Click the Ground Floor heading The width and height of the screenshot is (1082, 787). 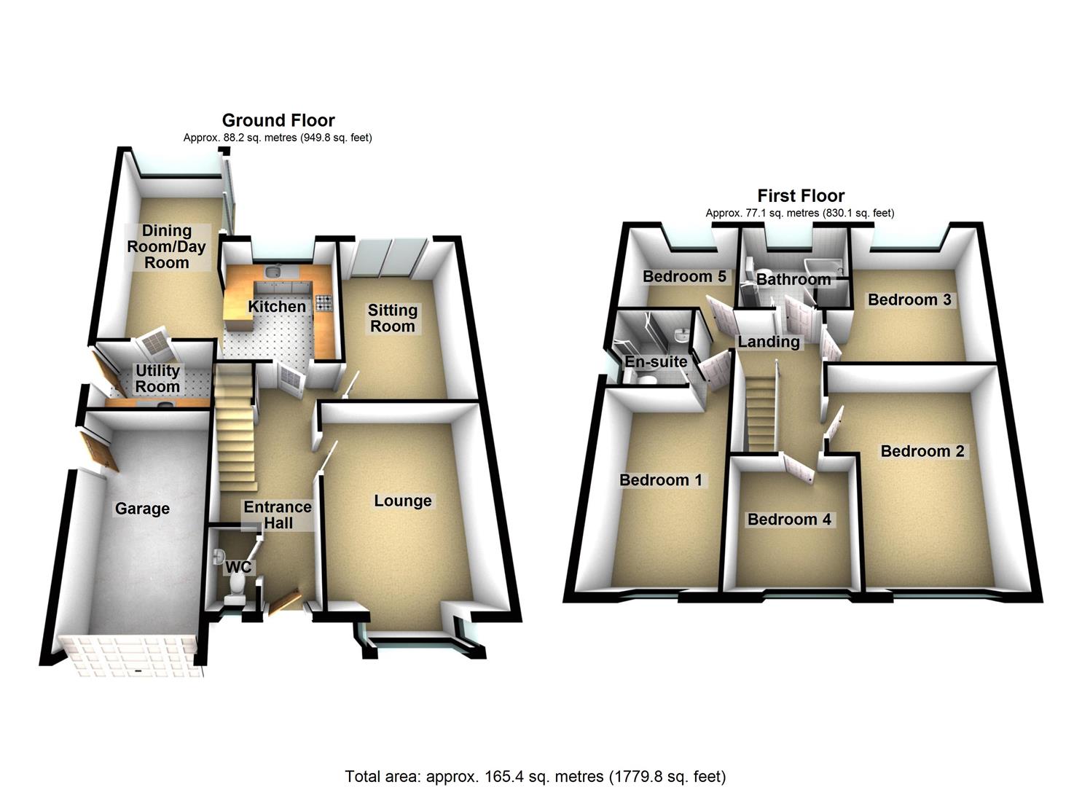278,120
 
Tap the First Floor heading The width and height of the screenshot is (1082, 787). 801,196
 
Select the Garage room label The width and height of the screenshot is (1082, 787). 142,509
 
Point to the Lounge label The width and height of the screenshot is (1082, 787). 403,501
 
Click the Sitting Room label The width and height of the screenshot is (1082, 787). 392,318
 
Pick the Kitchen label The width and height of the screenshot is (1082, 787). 277,306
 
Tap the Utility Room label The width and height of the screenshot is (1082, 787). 157,379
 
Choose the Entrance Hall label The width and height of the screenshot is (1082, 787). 278,514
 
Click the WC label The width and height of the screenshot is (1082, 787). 238,567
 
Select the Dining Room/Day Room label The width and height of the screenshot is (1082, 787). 166,246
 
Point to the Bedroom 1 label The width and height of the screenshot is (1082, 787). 661,480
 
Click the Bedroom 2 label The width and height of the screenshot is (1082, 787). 922,451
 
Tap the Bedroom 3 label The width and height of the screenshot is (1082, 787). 909,299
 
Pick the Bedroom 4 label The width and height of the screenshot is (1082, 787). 789,520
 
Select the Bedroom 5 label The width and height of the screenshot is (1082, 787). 684,277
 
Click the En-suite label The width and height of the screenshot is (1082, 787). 656,361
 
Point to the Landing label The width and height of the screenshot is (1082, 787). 769,342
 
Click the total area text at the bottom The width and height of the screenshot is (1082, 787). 535,776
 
